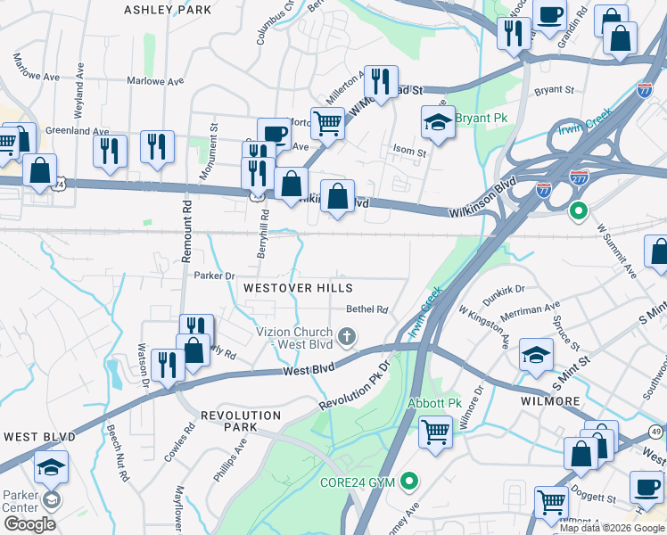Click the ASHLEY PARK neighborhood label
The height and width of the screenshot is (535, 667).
168,10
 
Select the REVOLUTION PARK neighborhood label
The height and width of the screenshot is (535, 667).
241,421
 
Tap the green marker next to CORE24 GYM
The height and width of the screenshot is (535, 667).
409,482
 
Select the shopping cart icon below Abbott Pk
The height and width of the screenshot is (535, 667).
435,433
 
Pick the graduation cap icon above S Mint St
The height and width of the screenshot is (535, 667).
535,354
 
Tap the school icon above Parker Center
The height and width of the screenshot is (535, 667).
51,466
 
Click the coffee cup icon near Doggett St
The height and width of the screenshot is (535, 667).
646,486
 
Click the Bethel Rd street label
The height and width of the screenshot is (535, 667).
367,310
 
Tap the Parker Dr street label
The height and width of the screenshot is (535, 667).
213,276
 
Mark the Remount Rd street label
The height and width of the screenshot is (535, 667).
187,230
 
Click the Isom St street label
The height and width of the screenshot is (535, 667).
410,152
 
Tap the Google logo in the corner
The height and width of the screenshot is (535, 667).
29,523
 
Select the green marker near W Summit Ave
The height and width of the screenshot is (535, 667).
578,211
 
